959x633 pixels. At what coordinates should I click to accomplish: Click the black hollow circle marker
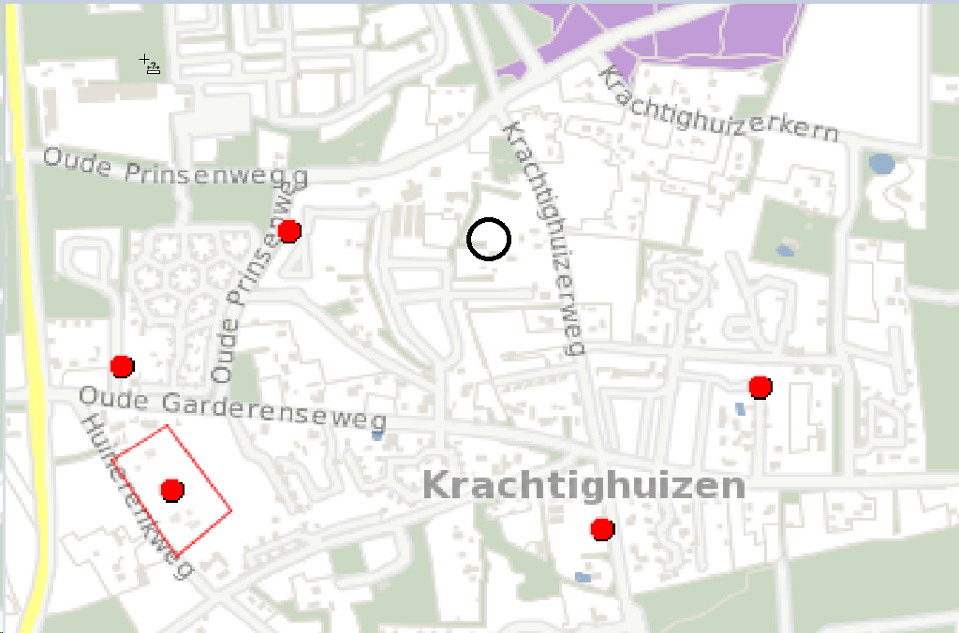coord(489,239)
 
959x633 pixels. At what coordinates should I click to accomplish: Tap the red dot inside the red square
coord(171,489)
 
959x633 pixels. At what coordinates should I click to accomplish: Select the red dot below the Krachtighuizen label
coord(602,529)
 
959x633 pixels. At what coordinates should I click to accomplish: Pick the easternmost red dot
coord(760,387)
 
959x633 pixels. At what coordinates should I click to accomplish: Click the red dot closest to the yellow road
coord(122,365)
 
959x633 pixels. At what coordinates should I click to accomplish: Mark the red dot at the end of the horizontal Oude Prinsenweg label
coord(289,230)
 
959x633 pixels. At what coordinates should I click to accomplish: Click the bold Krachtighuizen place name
coord(583,485)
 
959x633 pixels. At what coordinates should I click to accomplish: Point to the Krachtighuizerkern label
coord(718,105)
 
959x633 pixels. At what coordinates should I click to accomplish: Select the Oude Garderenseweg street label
coord(232,409)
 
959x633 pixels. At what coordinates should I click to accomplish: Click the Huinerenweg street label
coord(138,496)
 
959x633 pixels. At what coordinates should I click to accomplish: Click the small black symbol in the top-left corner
coord(150,65)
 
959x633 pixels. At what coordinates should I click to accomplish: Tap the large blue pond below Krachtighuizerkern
coord(881,165)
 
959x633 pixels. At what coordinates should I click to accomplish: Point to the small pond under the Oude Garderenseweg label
coord(376,435)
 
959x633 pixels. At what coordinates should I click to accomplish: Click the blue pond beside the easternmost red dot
coord(741,408)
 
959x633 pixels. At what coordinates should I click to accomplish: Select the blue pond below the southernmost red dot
coord(583,577)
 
